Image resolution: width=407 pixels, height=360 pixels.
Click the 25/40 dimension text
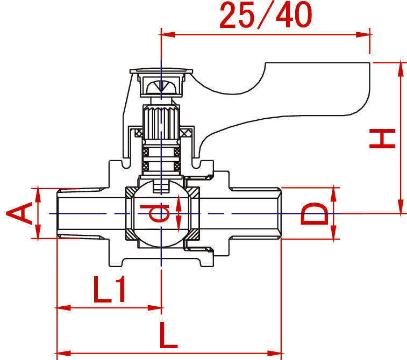(x=266, y=16)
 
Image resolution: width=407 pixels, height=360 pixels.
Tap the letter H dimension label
(x=383, y=138)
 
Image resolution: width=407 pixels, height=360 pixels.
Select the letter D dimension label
(x=314, y=213)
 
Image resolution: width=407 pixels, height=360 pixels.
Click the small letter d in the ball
(x=158, y=213)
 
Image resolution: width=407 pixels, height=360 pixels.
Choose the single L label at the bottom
(x=168, y=337)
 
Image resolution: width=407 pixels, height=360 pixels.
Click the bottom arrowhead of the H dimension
(x=401, y=208)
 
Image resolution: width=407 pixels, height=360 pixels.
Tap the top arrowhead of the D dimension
(x=334, y=192)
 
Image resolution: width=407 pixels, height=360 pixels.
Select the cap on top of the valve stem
(x=161, y=70)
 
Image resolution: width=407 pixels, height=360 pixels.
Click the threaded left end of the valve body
(x=75, y=213)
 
